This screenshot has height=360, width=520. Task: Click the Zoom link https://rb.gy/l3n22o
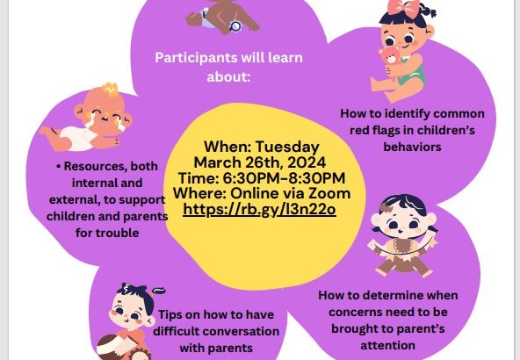(259, 210)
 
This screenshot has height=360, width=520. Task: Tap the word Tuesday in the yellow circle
(287, 148)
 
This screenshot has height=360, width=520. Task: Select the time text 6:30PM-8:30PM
(284, 178)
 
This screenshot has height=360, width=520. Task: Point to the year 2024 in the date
(307, 162)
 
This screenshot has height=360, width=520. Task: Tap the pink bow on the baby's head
(403, 8)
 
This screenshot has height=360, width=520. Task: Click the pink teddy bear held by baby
(390, 55)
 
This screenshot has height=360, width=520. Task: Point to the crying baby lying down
(87, 120)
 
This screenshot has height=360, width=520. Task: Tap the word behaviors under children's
(412, 147)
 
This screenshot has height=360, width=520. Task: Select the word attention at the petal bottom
(387, 345)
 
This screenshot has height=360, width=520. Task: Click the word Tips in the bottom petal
(170, 315)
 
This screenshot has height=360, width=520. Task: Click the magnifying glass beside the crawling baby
(235, 25)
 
